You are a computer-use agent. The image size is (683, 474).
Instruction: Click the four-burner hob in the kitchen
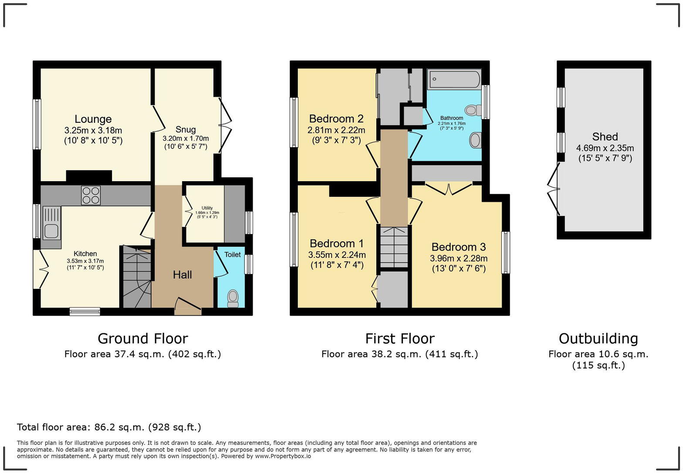pos(91,195)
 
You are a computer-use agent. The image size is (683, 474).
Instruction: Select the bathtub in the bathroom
pos(454,80)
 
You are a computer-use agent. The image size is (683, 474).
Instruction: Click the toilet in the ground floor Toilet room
pos(233,298)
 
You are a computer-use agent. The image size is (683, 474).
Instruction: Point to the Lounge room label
pos(93,119)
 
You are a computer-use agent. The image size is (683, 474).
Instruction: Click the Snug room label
pos(186,129)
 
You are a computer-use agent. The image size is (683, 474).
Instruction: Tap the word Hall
pos(182,274)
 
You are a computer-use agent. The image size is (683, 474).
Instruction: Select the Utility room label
pos(207,208)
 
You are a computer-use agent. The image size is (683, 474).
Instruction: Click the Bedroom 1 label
pos(336,243)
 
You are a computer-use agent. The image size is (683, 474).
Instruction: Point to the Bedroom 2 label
pos(336,118)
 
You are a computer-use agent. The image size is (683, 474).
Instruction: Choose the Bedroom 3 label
pos(458,247)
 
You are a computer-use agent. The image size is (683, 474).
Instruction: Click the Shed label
pos(605,136)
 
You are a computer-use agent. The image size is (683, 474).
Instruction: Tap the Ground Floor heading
pos(142,339)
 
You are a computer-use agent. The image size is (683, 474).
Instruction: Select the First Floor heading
pos(399,339)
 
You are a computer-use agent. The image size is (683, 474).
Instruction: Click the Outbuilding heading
pos(598,339)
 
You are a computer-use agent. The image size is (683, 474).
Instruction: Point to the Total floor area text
pos(109,427)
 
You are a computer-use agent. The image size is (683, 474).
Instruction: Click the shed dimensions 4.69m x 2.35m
pos(605,148)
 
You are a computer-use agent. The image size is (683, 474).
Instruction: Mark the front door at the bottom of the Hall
pos(188,306)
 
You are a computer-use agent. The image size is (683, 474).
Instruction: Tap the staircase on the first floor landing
pos(394,247)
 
